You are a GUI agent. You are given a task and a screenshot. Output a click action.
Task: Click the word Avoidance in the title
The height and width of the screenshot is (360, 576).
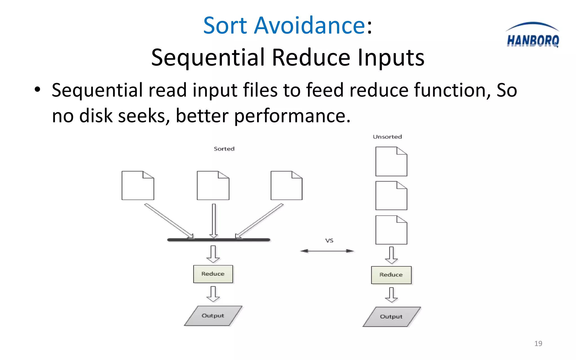[x=309, y=25]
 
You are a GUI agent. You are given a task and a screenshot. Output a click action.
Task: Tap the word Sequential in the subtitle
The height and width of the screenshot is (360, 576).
[x=208, y=57]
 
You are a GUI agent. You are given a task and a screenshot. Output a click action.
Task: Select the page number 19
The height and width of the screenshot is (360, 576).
[x=538, y=343]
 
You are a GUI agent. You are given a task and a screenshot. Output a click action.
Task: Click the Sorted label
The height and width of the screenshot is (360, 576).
[x=224, y=149]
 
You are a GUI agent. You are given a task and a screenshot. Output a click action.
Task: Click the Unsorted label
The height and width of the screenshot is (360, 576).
[x=387, y=137]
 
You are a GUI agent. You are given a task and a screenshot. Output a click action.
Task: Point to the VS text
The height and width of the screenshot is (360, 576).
[x=329, y=240]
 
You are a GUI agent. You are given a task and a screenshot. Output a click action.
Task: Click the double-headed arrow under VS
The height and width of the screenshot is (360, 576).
[x=327, y=251]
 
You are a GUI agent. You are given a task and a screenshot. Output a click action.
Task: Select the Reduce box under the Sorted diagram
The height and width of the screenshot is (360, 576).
[x=213, y=274]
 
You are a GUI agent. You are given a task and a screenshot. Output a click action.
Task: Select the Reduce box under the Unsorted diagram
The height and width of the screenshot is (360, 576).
[x=391, y=275]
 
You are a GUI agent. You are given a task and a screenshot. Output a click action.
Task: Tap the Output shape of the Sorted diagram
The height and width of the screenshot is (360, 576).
[x=213, y=316]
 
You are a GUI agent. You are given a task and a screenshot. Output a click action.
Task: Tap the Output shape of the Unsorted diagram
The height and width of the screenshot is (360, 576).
[x=391, y=317]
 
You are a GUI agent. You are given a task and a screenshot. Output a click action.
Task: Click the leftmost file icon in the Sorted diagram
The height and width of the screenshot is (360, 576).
[x=138, y=186]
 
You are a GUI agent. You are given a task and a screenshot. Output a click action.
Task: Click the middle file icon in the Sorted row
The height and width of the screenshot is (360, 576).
[x=213, y=186]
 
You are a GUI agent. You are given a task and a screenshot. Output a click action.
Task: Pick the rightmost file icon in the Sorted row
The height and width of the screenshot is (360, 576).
[x=286, y=186]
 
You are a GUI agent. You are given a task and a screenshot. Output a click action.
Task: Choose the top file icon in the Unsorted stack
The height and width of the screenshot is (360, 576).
[x=391, y=162]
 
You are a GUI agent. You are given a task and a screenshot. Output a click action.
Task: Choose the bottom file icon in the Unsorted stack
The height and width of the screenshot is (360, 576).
[x=391, y=230]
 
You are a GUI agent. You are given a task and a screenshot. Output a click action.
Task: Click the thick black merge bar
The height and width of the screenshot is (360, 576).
[x=219, y=240]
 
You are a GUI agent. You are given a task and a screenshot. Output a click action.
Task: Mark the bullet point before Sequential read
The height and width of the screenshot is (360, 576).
[x=37, y=90]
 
